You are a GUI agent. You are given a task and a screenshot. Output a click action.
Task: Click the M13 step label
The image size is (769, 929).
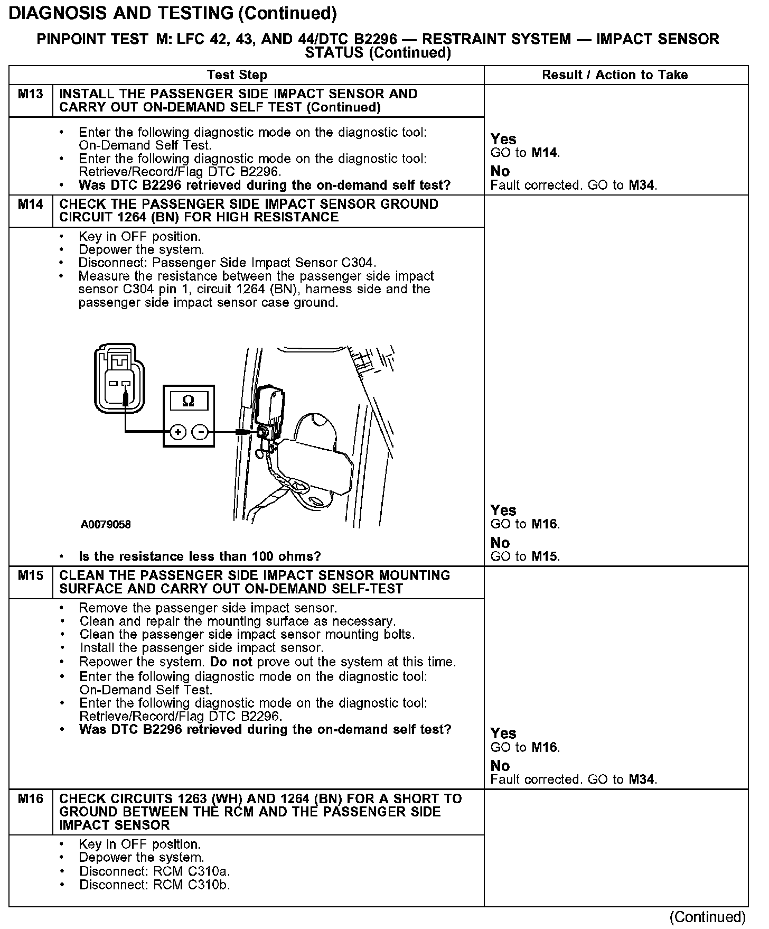pyautogui.click(x=30, y=95)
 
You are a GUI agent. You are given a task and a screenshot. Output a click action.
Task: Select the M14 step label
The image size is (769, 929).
pyautogui.click(x=30, y=205)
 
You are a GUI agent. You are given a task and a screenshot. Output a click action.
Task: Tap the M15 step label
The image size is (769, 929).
pyautogui.click(x=30, y=575)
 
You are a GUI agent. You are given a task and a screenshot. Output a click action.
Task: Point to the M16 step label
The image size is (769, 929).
pyautogui.click(x=30, y=799)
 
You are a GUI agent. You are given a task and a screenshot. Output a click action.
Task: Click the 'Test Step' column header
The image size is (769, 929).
pyautogui.click(x=237, y=75)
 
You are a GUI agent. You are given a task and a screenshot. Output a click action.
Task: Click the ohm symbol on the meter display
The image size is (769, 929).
pyautogui.click(x=188, y=402)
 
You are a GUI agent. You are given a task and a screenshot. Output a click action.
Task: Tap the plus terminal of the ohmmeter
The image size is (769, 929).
pyautogui.click(x=178, y=432)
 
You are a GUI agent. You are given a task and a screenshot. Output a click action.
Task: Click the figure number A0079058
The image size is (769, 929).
pyautogui.click(x=106, y=525)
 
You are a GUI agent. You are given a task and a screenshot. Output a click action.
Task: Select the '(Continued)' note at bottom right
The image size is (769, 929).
pyautogui.click(x=708, y=917)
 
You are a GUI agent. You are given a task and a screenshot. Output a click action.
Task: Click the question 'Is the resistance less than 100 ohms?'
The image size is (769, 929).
pyautogui.click(x=200, y=556)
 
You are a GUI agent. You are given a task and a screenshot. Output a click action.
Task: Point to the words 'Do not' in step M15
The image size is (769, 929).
pyautogui.click(x=231, y=662)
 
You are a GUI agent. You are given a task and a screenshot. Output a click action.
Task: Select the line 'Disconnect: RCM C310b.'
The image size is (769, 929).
pyautogui.click(x=155, y=885)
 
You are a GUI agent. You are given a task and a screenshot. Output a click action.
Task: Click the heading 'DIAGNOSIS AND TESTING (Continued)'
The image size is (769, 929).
pyautogui.click(x=173, y=13)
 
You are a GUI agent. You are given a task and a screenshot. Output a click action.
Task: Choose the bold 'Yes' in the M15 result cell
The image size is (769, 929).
pyautogui.click(x=503, y=733)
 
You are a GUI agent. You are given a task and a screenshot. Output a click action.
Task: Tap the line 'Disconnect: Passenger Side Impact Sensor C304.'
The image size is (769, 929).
pyautogui.click(x=228, y=263)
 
